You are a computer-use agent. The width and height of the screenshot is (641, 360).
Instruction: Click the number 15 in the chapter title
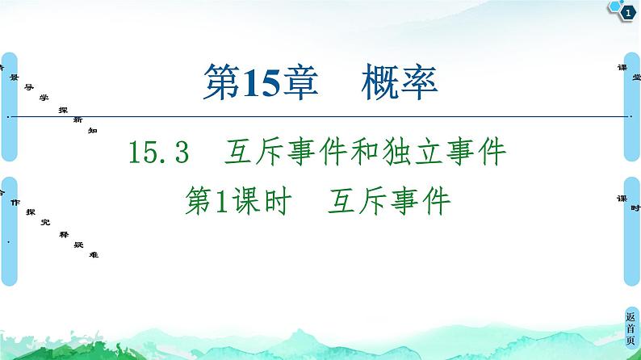pos(259,81)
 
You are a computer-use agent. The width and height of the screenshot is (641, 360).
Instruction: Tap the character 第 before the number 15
pos(220,81)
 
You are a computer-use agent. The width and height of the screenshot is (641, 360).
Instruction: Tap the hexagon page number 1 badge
pos(624,10)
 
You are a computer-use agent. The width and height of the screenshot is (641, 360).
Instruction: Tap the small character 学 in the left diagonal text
pos(44,96)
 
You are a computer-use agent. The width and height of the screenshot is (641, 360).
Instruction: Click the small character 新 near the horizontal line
pos(77,119)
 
